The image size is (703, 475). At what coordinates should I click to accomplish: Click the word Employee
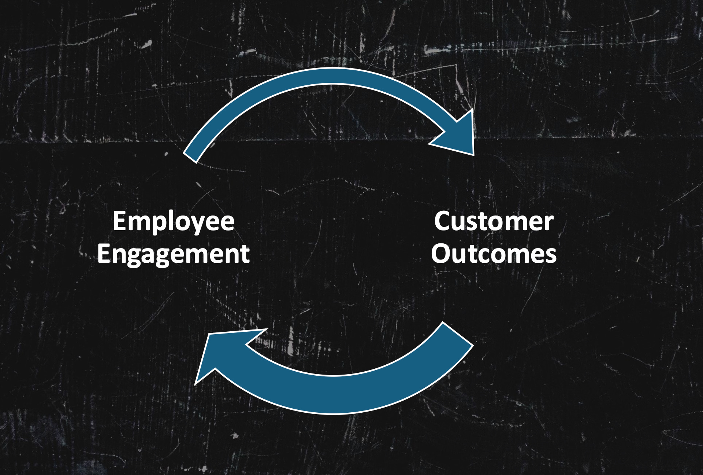coord(173,221)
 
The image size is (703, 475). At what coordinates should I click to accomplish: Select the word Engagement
coord(173,254)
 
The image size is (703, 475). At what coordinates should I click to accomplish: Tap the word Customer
coord(494,221)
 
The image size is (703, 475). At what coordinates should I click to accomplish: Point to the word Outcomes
coord(494,254)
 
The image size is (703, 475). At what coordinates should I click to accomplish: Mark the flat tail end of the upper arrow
coord(190,155)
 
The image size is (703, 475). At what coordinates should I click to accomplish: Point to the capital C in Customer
coord(443,221)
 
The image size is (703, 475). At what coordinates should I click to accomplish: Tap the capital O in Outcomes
coord(441,254)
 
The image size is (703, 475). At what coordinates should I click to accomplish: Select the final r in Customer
coord(549,223)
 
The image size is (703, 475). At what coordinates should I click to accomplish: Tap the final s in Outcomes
coord(550,255)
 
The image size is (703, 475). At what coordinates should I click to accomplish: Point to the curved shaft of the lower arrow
coord(333,394)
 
